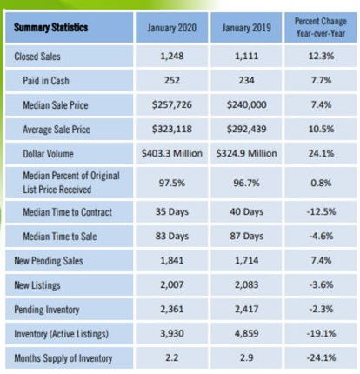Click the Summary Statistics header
coord(50,28)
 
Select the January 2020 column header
coord(172,28)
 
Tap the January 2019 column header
coord(246,28)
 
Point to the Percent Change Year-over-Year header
coord(321,27)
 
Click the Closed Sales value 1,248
coord(172,56)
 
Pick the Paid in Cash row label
coord(46,81)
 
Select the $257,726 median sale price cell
coord(172,104)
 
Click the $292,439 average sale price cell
coord(246,129)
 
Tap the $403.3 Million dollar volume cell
coord(172,153)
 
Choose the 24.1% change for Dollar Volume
coord(321,153)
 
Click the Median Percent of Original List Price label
coord(71,183)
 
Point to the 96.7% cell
coord(246,184)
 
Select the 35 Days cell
coord(172,211)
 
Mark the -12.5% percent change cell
coord(321,211)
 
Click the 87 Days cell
coord(246,236)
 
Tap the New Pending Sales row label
coord(49,261)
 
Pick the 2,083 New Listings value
coord(246,284)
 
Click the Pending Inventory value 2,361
coord(172,309)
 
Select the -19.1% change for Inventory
coord(321,333)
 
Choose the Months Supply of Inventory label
coord(63,358)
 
